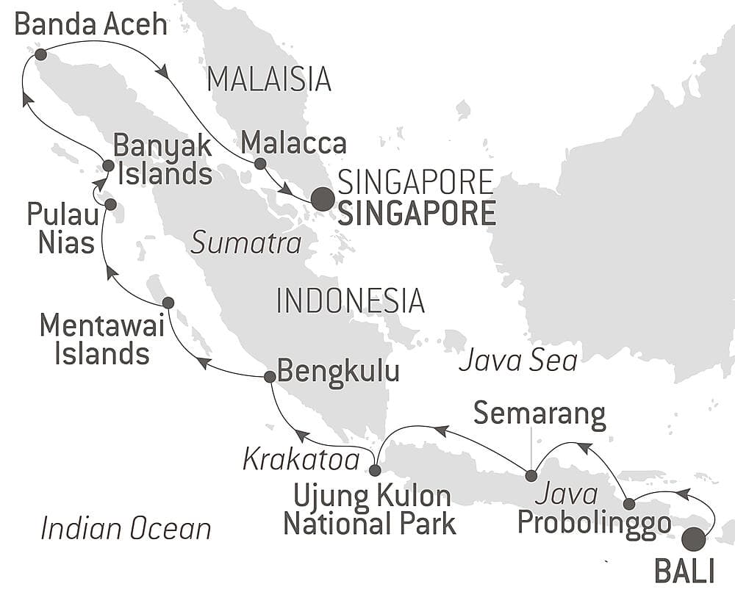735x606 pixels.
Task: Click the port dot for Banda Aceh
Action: (40, 54)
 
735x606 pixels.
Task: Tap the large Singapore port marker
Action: (321, 199)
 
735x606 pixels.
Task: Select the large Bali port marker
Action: (693, 540)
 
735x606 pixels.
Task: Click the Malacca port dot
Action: (259, 164)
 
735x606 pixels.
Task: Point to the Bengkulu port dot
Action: (269, 377)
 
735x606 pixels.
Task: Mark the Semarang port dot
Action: (531, 475)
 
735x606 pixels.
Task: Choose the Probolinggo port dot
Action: (629, 504)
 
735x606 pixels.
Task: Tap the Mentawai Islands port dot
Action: (168, 303)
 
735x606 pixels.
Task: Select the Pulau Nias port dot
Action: (110, 204)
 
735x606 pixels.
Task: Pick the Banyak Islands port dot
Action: (108, 166)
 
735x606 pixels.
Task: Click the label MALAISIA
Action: (269, 79)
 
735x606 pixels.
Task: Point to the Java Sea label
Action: (517, 361)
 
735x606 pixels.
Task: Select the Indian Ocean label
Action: (126, 528)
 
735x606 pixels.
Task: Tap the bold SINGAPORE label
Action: (416, 214)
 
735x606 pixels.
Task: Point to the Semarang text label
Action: (539, 414)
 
